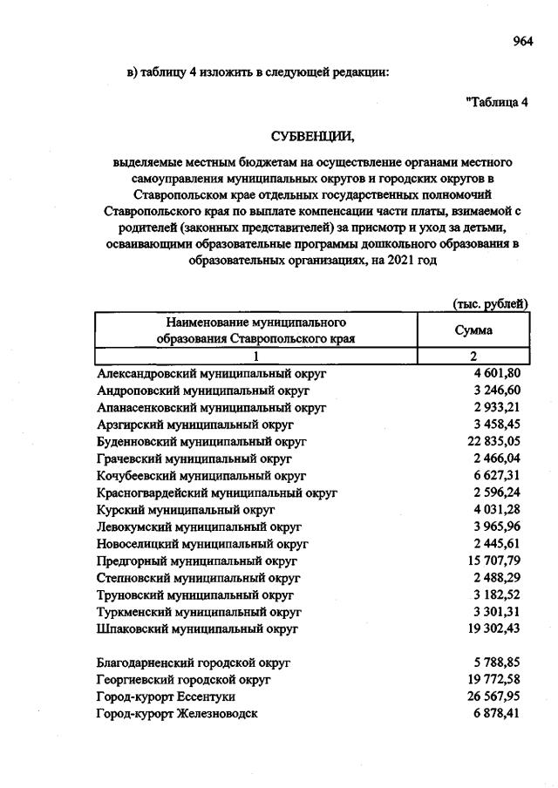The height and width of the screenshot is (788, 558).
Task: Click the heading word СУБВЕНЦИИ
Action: point(314,137)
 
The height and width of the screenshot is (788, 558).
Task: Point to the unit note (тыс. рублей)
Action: point(491,303)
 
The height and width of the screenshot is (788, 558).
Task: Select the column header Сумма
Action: point(473,330)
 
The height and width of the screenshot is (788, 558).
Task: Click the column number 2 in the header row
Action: point(473,357)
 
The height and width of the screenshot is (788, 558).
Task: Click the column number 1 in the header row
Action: point(256,357)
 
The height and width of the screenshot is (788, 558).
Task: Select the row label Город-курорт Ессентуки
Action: point(167,696)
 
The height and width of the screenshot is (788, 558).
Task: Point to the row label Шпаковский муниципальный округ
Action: point(199,628)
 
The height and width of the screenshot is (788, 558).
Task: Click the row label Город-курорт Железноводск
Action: point(178,714)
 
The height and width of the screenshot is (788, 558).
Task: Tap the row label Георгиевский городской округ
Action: point(185,679)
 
